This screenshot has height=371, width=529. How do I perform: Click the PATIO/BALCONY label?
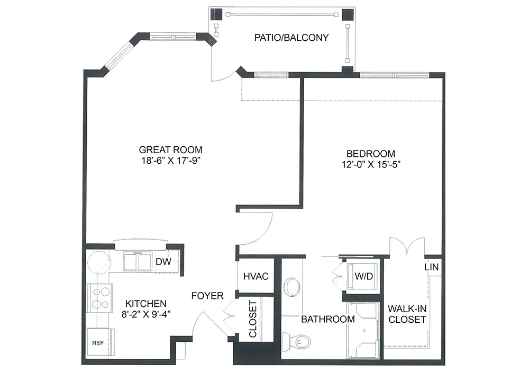pyautogui.click(x=291, y=38)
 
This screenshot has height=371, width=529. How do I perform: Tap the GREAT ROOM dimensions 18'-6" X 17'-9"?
pyautogui.click(x=171, y=161)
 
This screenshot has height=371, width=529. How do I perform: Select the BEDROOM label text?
pyautogui.click(x=371, y=154)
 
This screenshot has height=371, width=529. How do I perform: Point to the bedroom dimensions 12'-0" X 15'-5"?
pyautogui.click(x=371, y=164)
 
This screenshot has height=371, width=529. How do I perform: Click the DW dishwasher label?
pyautogui.click(x=163, y=261)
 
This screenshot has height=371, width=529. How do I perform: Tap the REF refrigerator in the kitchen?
pyautogui.click(x=100, y=342)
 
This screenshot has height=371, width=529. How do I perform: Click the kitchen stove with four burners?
pyautogui.click(x=100, y=298)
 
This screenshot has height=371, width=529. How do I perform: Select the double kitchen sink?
pyautogui.click(x=138, y=261)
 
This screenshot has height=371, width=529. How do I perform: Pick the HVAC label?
pyautogui.click(x=256, y=276)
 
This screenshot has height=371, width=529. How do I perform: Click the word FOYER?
pyautogui.click(x=207, y=296)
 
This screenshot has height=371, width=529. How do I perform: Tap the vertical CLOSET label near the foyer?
pyautogui.click(x=253, y=319)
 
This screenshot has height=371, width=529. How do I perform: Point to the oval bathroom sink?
pyautogui.click(x=291, y=287)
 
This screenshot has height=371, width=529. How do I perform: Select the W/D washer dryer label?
pyautogui.click(x=364, y=276)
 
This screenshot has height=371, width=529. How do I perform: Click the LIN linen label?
pyautogui.click(x=432, y=267)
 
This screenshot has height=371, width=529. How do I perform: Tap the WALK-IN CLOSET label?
pyautogui.click(x=407, y=314)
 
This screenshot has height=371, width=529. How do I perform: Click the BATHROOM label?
pyautogui.click(x=328, y=319)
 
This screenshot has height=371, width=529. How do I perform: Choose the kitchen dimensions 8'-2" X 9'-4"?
pyautogui.click(x=146, y=314)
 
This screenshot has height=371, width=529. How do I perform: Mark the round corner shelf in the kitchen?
pyautogui.click(x=98, y=263)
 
